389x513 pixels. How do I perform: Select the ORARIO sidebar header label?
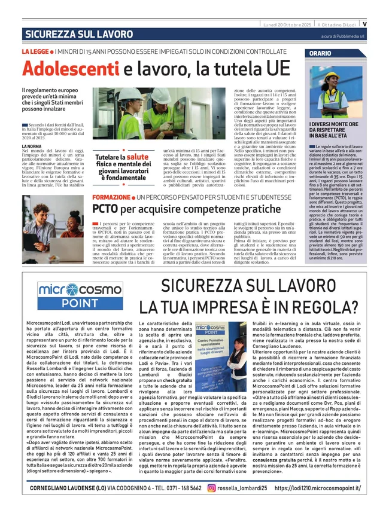(x=321, y=53)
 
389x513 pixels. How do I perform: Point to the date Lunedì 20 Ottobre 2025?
(x=287, y=25)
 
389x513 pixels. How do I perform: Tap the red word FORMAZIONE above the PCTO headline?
(x=111, y=197)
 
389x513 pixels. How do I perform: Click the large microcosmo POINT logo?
(x=80, y=295)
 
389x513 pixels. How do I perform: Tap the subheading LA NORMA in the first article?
(x=32, y=146)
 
